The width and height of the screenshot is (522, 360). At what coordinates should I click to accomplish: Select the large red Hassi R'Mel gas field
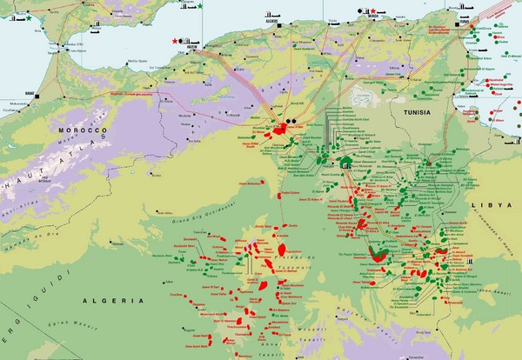283,130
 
